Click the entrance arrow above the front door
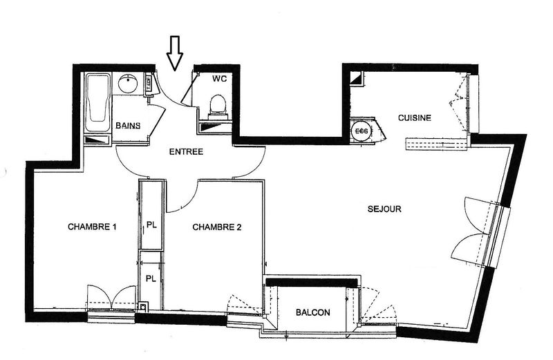[175, 53]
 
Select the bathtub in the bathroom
[98, 102]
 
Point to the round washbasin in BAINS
[128, 83]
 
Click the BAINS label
[128, 126]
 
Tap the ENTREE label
[186, 152]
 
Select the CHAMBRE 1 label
[92, 227]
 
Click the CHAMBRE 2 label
[217, 227]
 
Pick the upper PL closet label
[151, 225]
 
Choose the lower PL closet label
[151, 279]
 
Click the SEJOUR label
[384, 209]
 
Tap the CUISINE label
[415, 117]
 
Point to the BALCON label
[313, 312]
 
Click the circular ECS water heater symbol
[361, 131]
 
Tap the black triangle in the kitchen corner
[357, 79]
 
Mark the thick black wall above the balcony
[312, 282]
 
